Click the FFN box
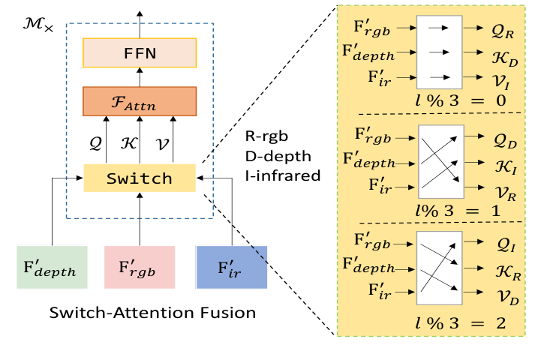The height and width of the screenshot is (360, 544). point(139,55)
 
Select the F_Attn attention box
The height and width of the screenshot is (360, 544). point(139,101)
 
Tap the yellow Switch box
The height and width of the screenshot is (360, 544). point(139,178)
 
